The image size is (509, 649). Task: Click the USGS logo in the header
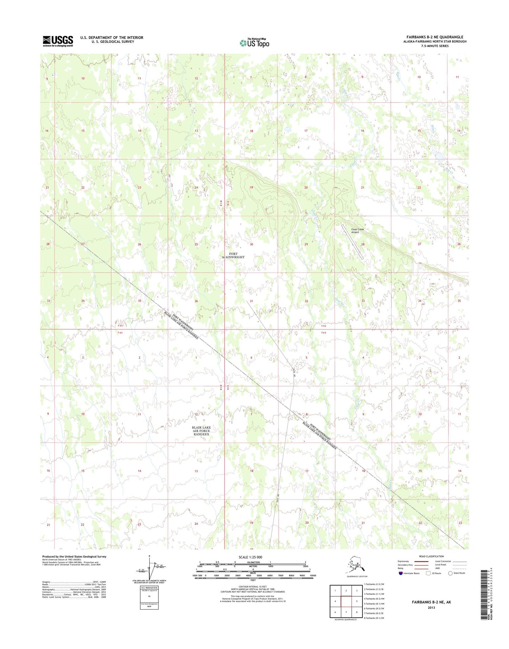pos(58,41)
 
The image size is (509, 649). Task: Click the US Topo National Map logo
pos(254,43)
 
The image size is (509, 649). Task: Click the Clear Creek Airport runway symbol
pos(352,242)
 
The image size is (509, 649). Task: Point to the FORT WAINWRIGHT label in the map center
pos(233,255)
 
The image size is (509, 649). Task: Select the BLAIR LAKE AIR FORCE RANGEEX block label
pos(201,431)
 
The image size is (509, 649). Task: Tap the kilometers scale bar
pos(253,564)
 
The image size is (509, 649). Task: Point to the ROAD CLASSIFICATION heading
pos(432,556)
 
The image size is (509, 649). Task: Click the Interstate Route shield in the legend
pos(401,573)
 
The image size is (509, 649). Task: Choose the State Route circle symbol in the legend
pos(450,573)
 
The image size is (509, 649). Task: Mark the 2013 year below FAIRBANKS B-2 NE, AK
pos(431,607)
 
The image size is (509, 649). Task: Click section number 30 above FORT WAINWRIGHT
pos(252,244)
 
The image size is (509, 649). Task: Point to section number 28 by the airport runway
pos(362,244)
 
